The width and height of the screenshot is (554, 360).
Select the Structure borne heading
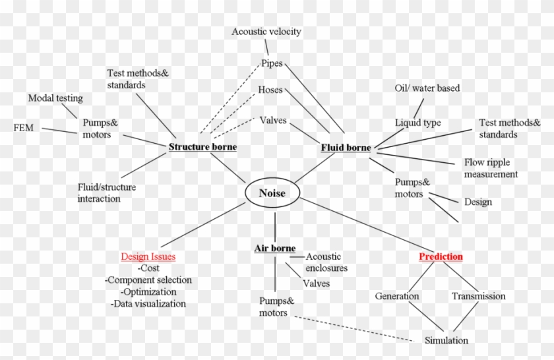pos(203,146)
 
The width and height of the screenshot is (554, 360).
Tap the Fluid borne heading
pos(346,147)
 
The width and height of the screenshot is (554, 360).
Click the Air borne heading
pos(275,248)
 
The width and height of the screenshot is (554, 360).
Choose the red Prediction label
pos(441,256)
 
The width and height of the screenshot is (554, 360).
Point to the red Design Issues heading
pos(148,256)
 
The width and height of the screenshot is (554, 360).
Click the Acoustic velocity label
pos(266,32)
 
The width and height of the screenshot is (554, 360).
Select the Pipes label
pos(272,63)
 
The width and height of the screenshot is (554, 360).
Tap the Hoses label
pos(270,90)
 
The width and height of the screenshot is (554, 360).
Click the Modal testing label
pos(55,98)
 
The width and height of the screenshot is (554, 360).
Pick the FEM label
pos(24,127)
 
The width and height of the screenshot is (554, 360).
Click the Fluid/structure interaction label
pos(107,193)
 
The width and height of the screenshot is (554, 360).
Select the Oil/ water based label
pos(427,88)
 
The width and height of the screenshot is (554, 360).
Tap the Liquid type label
pos(417,123)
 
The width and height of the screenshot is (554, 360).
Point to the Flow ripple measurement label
pos(491,168)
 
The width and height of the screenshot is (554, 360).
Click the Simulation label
pos(446,340)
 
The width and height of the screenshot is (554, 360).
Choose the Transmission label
pos(478,296)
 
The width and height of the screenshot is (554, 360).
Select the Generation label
pos(397,296)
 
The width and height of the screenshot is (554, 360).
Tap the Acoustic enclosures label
pos(326,262)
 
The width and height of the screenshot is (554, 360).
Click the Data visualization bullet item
pos(148,303)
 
